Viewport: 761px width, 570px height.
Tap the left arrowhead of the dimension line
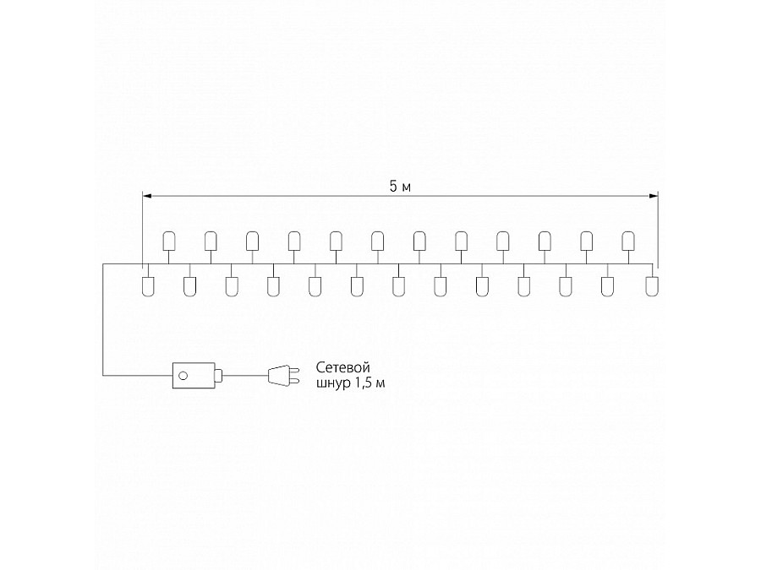(x=145, y=196)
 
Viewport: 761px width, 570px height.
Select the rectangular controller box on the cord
(x=193, y=375)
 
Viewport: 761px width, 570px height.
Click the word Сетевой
(x=344, y=367)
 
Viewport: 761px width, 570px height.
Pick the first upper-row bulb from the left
(x=168, y=241)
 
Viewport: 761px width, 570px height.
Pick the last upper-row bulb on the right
(x=627, y=241)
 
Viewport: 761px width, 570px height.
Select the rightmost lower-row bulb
(x=650, y=286)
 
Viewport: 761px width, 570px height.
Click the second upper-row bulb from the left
(x=211, y=241)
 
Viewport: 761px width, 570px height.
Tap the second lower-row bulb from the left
(x=189, y=286)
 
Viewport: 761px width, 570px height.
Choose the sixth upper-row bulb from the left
(x=377, y=241)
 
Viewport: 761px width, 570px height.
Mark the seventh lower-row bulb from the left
(x=399, y=286)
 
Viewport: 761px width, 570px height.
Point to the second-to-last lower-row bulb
(x=608, y=286)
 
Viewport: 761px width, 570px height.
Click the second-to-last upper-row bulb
(x=586, y=241)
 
